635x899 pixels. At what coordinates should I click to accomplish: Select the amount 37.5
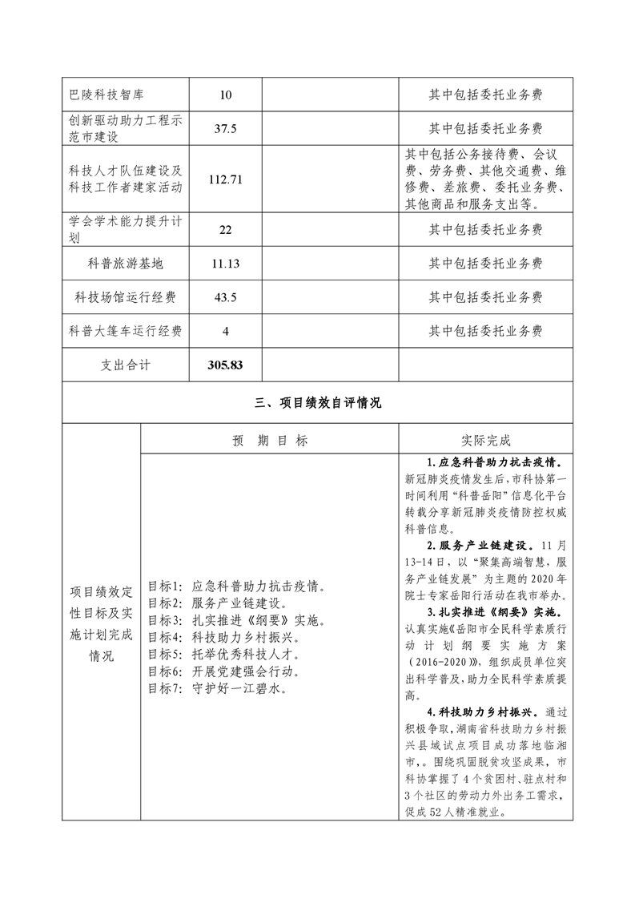coord(225,128)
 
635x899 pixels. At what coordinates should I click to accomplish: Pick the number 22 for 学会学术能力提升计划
coord(225,230)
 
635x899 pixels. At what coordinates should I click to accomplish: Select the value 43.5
coord(225,297)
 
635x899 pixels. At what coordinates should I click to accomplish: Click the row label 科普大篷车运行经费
coord(125,331)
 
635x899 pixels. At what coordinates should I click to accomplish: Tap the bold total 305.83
coord(225,365)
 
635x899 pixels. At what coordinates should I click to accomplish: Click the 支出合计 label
coord(125,365)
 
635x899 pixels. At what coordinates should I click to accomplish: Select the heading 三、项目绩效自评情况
coord(318,403)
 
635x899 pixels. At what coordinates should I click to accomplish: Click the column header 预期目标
coord(270,441)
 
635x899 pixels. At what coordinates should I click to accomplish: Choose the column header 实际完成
coord(486,441)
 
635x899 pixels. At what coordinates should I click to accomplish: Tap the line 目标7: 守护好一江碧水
coord(218,687)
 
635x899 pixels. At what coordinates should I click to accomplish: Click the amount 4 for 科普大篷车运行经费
coord(225,331)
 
